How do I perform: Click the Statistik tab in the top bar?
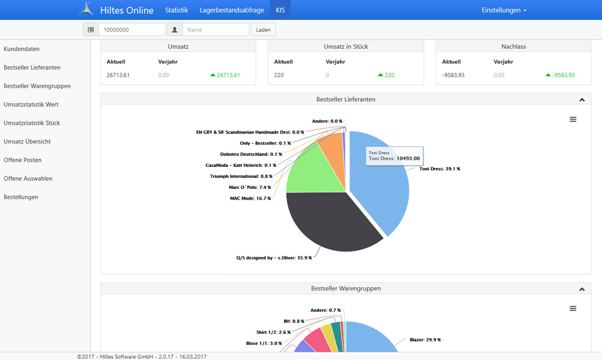coord(176,10)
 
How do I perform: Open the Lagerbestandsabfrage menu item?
coord(232,10)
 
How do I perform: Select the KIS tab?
coord(280,10)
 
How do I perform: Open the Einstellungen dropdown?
coord(504,10)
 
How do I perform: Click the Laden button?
coord(263,30)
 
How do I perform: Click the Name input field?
coord(216,30)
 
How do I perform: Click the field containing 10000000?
coord(131,30)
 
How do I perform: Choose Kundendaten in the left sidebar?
coord(22,49)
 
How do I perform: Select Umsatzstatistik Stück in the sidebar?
coord(32,123)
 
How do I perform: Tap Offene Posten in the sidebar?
coord(22,160)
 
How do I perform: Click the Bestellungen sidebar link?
coord(21,197)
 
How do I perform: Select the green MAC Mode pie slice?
coord(306,170)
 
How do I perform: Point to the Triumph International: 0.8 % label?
coord(241,176)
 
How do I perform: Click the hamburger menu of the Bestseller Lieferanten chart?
coord(573,119)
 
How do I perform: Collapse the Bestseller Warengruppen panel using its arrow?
coord(582,289)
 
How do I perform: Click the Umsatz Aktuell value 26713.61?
coord(118,75)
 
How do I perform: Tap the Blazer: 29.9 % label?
coord(425,340)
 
